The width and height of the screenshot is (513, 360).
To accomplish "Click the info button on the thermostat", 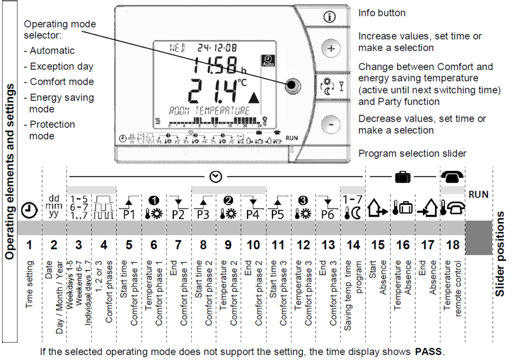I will (x=329, y=17).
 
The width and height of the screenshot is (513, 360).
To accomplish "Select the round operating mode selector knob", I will (x=292, y=85).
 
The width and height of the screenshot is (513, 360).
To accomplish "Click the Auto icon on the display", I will (x=269, y=61).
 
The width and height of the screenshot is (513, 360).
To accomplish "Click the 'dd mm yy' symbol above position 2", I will (x=54, y=206).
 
